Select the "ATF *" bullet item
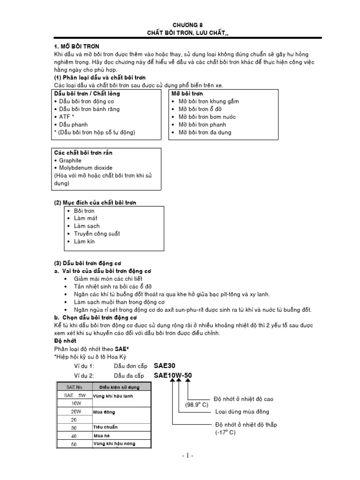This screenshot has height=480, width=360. coord(67,117)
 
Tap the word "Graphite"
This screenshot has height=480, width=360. coord(70,160)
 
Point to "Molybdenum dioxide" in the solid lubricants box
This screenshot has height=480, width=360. coord(85,168)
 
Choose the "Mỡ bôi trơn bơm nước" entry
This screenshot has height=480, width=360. coord(207,117)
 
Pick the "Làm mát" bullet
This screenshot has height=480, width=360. coord(85,218)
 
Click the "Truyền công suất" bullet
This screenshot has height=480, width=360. coord(97,233)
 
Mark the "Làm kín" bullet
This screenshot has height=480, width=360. coord(84,241)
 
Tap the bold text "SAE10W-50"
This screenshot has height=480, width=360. coord(172,376)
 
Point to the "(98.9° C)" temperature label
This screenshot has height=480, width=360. coord(197,405)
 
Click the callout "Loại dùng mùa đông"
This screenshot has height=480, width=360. coord(242,412)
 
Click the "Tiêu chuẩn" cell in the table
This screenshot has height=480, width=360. coord(105,427)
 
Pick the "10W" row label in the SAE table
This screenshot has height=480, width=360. coord(75,404)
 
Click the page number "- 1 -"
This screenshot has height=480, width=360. coord(187,456)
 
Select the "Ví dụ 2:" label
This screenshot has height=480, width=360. coord(84,376)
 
